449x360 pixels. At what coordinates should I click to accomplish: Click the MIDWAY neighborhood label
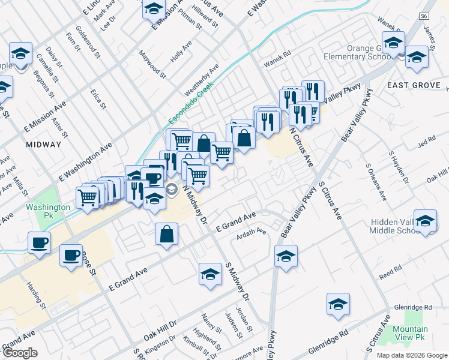coord(44,145)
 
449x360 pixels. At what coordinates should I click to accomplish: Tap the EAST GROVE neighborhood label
coord(414,85)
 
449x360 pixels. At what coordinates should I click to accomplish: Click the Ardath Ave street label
coord(253,231)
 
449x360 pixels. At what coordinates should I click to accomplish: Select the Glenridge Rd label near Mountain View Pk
coord(414,307)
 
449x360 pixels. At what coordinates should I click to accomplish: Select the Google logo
coord(20,353)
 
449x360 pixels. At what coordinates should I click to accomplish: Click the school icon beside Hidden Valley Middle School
coord(426,223)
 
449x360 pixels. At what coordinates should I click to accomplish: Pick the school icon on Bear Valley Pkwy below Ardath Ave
coord(286,257)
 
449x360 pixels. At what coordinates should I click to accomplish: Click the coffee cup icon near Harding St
coord(71,255)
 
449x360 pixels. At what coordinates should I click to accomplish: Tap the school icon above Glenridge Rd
coord(338,305)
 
